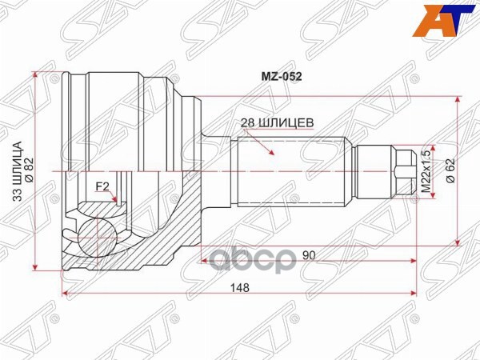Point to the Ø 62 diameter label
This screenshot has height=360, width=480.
point(450,170)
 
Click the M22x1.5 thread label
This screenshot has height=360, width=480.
point(426,170)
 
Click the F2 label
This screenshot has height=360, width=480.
point(102,187)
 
